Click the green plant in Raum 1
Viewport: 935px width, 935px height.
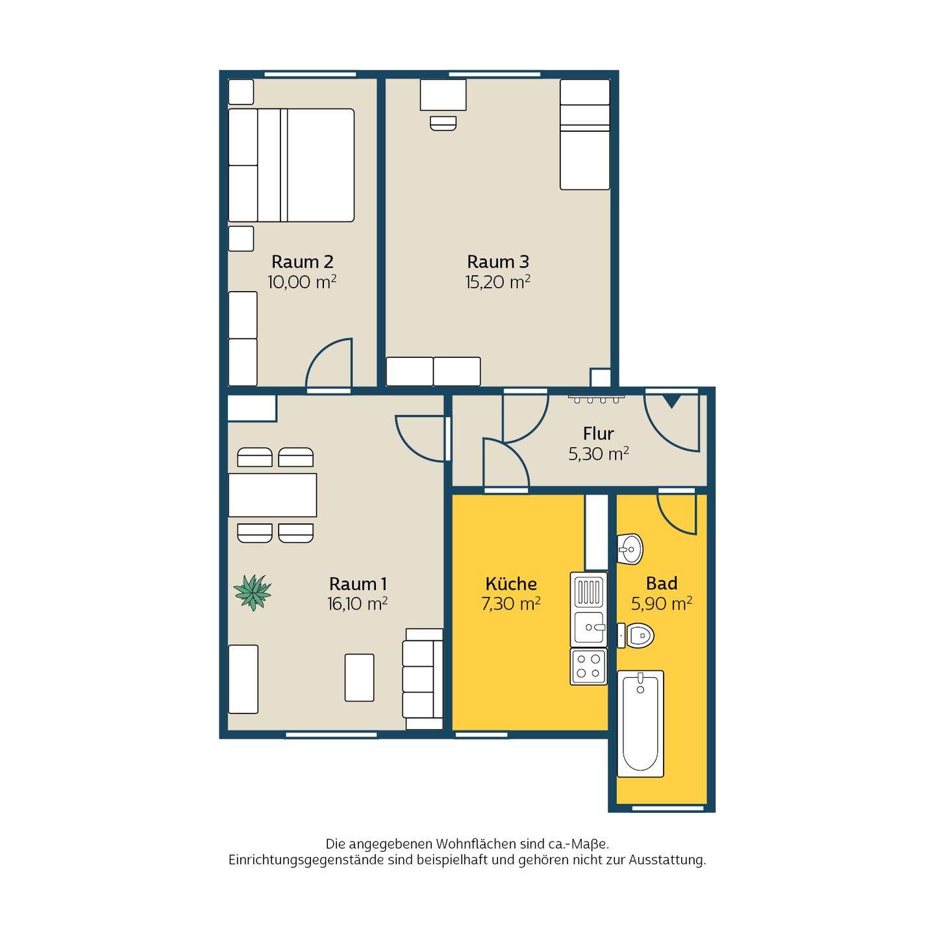[252, 592]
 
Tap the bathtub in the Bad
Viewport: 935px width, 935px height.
[640, 723]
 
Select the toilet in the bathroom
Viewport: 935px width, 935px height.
[636, 635]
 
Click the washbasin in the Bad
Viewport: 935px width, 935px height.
[630, 549]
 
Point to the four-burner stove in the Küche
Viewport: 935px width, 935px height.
[588, 667]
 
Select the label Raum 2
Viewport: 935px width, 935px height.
[303, 262]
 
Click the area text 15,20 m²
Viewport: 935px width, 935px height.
[498, 282]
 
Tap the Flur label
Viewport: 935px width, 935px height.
[598, 433]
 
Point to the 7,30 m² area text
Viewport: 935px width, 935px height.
[511, 604]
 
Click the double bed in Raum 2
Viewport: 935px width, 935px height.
[291, 165]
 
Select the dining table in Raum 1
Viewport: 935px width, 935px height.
[272, 495]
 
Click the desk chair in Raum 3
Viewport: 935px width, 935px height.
[443, 123]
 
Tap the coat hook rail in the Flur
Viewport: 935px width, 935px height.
[596, 399]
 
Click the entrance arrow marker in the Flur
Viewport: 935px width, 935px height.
[671, 401]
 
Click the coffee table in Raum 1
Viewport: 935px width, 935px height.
[360, 677]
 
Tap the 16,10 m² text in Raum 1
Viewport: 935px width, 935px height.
[358, 604]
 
